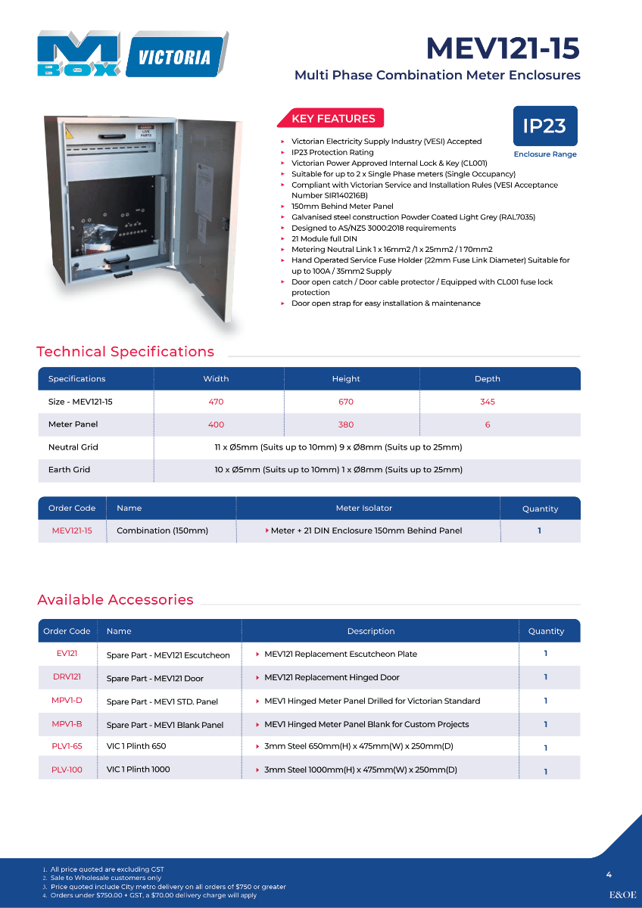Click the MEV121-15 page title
pos(503,48)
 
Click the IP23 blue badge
pos(544,126)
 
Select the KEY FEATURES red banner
pos(333,119)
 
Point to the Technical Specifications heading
pos(125,352)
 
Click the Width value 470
pos(216,402)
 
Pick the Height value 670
pos(346,402)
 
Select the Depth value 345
pos(488,402)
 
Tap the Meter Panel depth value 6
pos(488,424)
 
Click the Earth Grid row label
pos(69,470)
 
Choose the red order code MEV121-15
pos(72,531)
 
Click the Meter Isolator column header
pos(364,508)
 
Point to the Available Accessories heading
pos(115,600)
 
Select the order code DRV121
pos(67,677)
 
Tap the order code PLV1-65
pos(67,746)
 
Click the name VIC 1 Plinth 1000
pos(139,770)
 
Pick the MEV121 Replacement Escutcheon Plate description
pos(341,654)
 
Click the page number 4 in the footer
pos(609,875)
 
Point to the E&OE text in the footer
pos(623,894)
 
